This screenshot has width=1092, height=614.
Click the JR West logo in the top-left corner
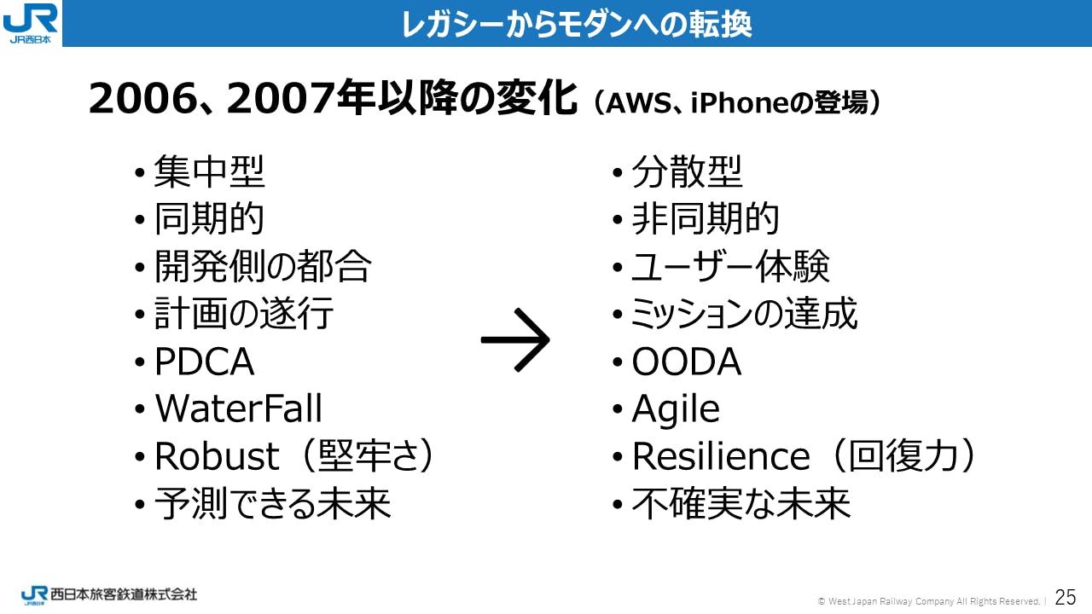(30, 23)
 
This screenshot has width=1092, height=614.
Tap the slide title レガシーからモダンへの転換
(577, 24)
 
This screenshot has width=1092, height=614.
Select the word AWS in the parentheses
(638, 103)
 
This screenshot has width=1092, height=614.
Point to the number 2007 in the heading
(282, 98)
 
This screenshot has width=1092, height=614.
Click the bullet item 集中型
(210, 171)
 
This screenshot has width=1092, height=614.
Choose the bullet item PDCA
(204, 362)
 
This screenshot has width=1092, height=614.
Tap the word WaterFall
(238, 408)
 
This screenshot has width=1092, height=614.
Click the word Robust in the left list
(217, 455)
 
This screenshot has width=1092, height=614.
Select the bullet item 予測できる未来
(272, 503)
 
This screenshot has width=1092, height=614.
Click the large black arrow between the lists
(515, 339)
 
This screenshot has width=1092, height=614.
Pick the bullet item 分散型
(688, 171)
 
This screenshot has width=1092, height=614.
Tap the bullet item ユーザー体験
(730, 266)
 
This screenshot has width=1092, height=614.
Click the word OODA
(687, 362)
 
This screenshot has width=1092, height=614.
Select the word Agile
(676, 409)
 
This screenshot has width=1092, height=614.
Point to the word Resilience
(721, 455)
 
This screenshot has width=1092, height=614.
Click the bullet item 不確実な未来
(741, 503)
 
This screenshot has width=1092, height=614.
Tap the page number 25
(1066, 597)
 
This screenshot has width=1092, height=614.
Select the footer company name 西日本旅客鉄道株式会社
(124, 594)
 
